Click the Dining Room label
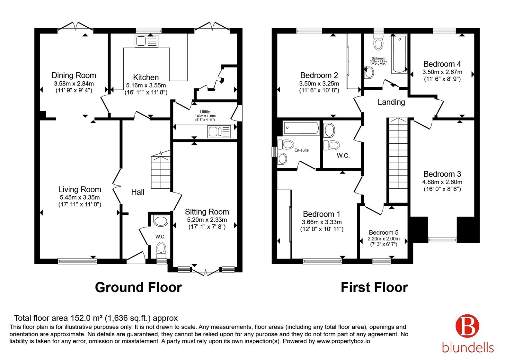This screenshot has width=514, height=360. (74, 75)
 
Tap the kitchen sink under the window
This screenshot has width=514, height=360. (146, 41)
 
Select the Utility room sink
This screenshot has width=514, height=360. (219, 131)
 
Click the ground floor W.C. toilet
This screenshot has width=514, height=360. (161, 250)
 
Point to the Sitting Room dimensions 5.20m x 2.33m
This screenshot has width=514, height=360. (207, 220)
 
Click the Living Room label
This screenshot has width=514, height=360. (80, 189)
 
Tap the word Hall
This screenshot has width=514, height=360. (138, 192)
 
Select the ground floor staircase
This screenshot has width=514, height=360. (161, 170)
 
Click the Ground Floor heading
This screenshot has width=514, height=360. (138, 287)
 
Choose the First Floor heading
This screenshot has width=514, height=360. (374, 287)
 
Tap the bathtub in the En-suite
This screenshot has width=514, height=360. (301, 128)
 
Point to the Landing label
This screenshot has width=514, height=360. (391, 102)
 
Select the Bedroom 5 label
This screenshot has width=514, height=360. (384, 232)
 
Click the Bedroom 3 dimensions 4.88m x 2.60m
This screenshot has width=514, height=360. (442, 182)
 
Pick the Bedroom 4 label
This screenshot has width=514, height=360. (442, 64)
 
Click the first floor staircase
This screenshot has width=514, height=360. (398, 160)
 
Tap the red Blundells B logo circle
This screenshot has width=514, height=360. (467, 326)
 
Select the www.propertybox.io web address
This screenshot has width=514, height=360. (343, 341)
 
